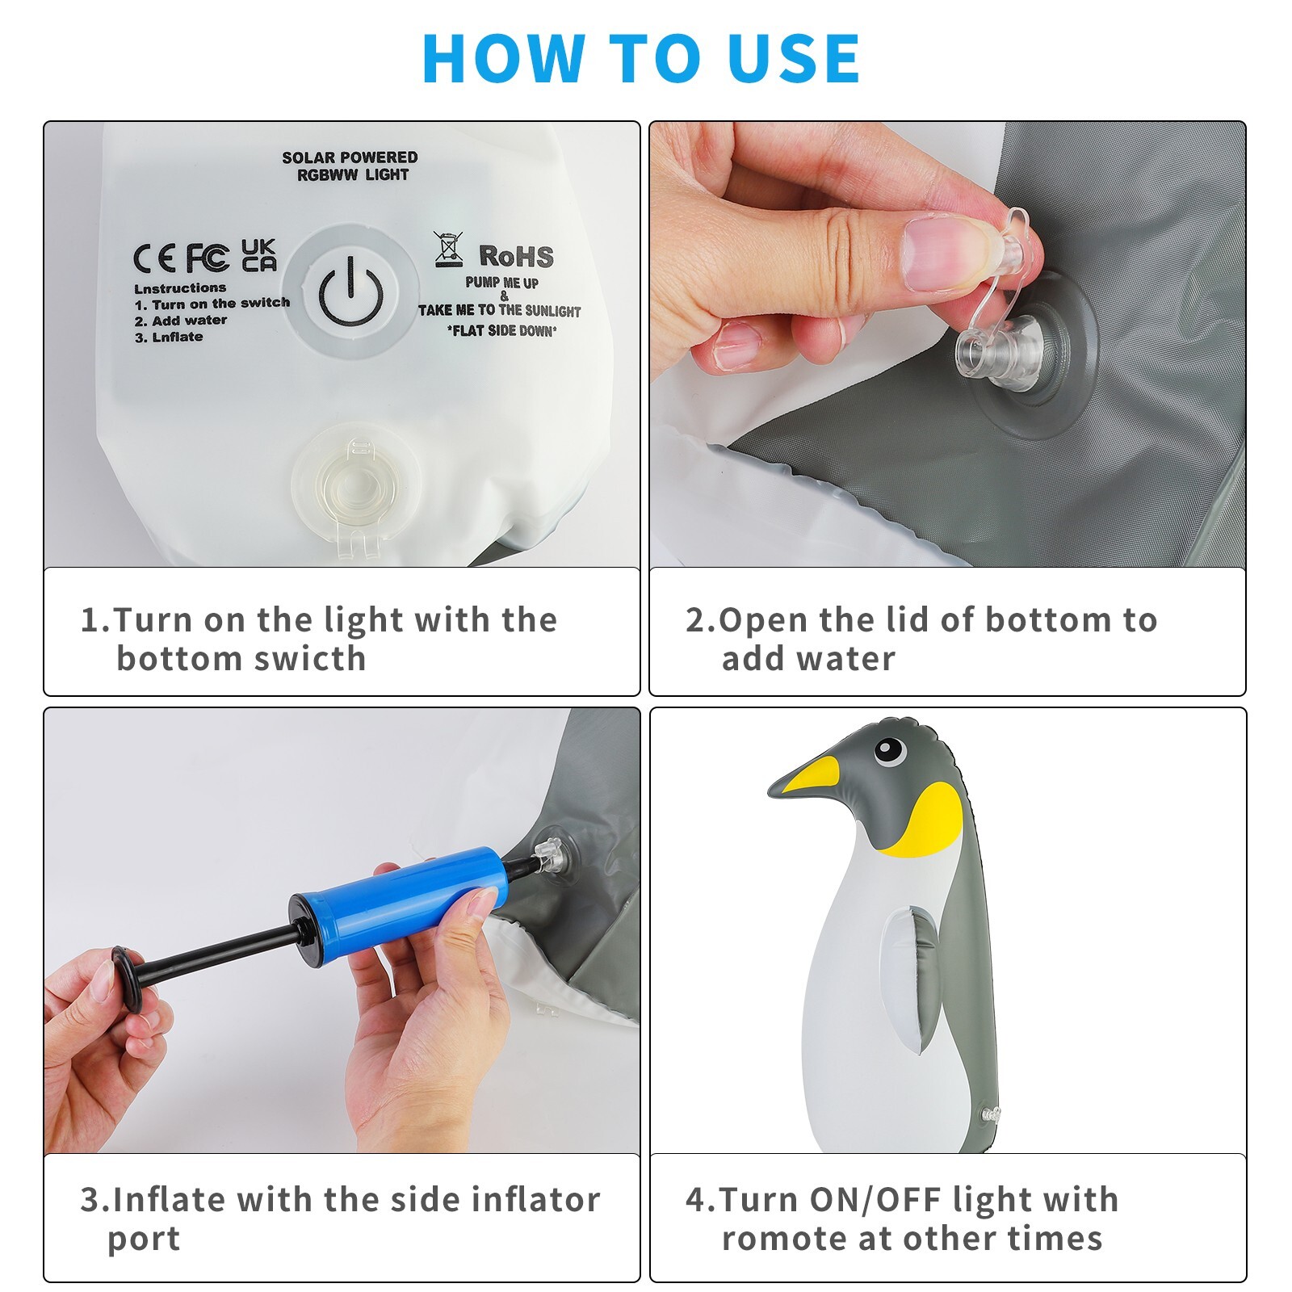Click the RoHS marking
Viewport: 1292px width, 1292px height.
(516, 257)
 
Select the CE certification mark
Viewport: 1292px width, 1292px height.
(154, 258)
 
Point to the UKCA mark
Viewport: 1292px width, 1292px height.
(259, 255)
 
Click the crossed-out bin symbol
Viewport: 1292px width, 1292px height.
(449, 249)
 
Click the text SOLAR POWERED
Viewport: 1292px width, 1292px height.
(350, 157)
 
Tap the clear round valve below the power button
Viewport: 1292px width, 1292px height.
(355, 485)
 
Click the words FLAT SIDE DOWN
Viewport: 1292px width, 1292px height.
(501, 330)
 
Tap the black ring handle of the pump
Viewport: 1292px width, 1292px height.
(127, 978)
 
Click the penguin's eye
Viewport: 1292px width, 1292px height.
(890, 751)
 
